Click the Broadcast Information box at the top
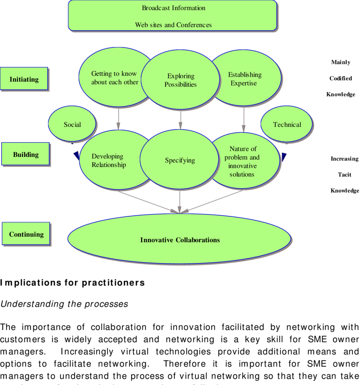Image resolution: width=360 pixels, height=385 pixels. coord(172,16)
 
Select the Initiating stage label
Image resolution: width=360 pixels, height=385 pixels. coord(24,79)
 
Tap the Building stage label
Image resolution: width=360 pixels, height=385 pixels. coord(25,154)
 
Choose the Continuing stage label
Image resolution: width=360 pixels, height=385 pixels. coord(26,234)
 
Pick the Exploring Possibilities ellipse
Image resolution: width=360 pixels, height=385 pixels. coord(180,80)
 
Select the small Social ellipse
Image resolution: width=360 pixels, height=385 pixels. coord(72,124)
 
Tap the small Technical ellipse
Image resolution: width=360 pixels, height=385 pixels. coord(287,124)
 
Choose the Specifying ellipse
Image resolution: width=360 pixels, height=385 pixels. coord(180,160)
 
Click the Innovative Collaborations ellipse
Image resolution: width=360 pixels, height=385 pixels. coord(180,240)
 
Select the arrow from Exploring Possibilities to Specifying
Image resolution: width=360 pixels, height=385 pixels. coord(180,120)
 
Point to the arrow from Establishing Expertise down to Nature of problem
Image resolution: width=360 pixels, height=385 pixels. coord(244,120)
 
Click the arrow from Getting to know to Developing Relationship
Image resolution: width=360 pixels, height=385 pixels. coord(119,119)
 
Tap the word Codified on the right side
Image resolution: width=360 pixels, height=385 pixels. coord(341,78)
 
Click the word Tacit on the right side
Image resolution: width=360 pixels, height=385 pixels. coord(344,175)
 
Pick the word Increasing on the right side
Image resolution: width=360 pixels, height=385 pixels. coord(344,159)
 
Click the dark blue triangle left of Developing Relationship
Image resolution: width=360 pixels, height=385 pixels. coord(77,156)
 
